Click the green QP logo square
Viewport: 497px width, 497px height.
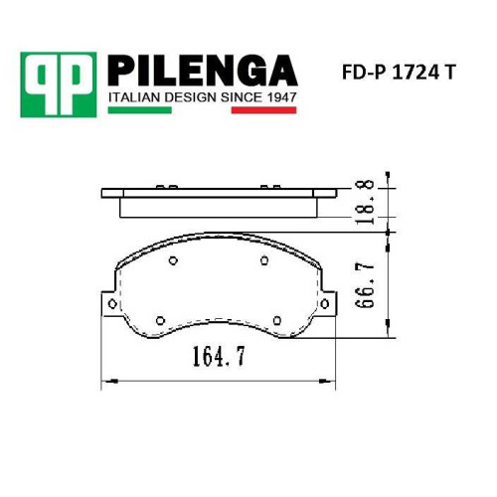tap(59, 84)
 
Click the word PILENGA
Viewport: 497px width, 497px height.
tap(203, 71)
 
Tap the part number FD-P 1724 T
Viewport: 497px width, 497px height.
tap(399, 73)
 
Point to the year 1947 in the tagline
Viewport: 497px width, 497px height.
tap(281, 97)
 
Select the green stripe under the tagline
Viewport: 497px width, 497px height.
tap(140, 110)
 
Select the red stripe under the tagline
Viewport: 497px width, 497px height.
tap(263, 110)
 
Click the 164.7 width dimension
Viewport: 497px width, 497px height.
tap(219, 356)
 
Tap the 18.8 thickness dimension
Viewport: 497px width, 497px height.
tap(365, 202)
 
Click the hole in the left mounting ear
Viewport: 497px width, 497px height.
tap(112, 303)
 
